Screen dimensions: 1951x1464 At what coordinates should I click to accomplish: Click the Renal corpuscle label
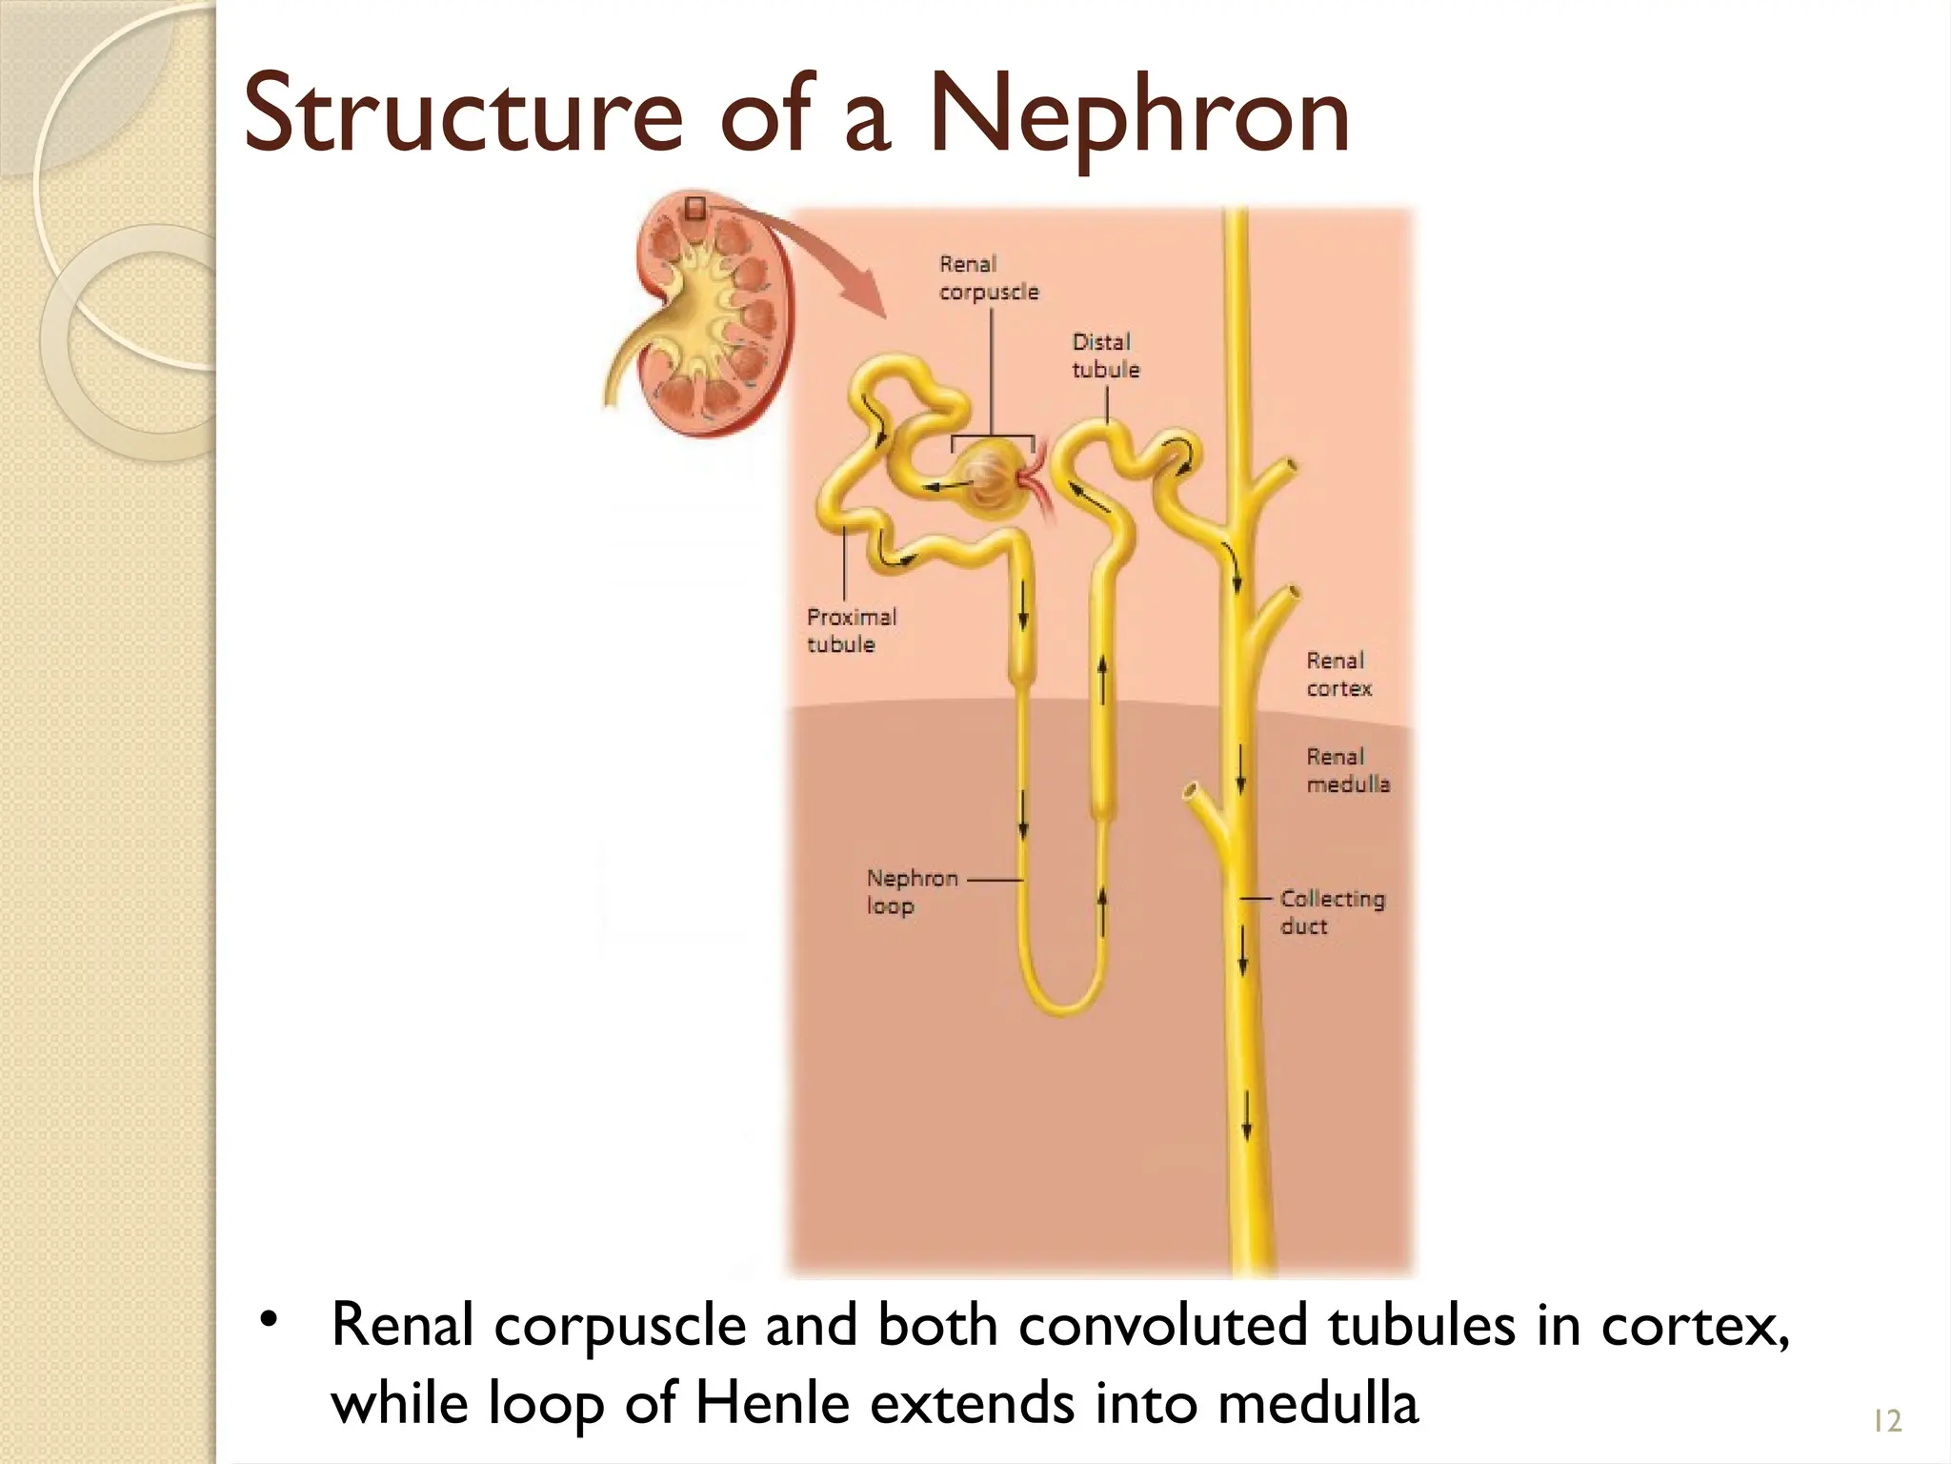point(989,277)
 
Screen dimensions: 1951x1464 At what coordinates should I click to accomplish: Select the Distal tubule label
point(1105,356)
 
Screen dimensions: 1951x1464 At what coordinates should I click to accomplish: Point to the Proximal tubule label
point(852,630)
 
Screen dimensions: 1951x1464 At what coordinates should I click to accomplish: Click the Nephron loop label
point(912,892)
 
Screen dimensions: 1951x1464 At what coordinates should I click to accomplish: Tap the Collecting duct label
point(1332,912)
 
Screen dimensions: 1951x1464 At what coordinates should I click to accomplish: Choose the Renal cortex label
point(1338,674)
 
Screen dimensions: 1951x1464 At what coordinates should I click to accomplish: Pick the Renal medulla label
point(1347,770)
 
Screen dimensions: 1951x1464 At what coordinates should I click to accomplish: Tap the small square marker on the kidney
point(695,208)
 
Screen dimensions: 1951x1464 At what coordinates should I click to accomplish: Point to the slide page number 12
point(1887,1421)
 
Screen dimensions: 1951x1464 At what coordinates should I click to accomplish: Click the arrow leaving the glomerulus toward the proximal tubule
point(947,487)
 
